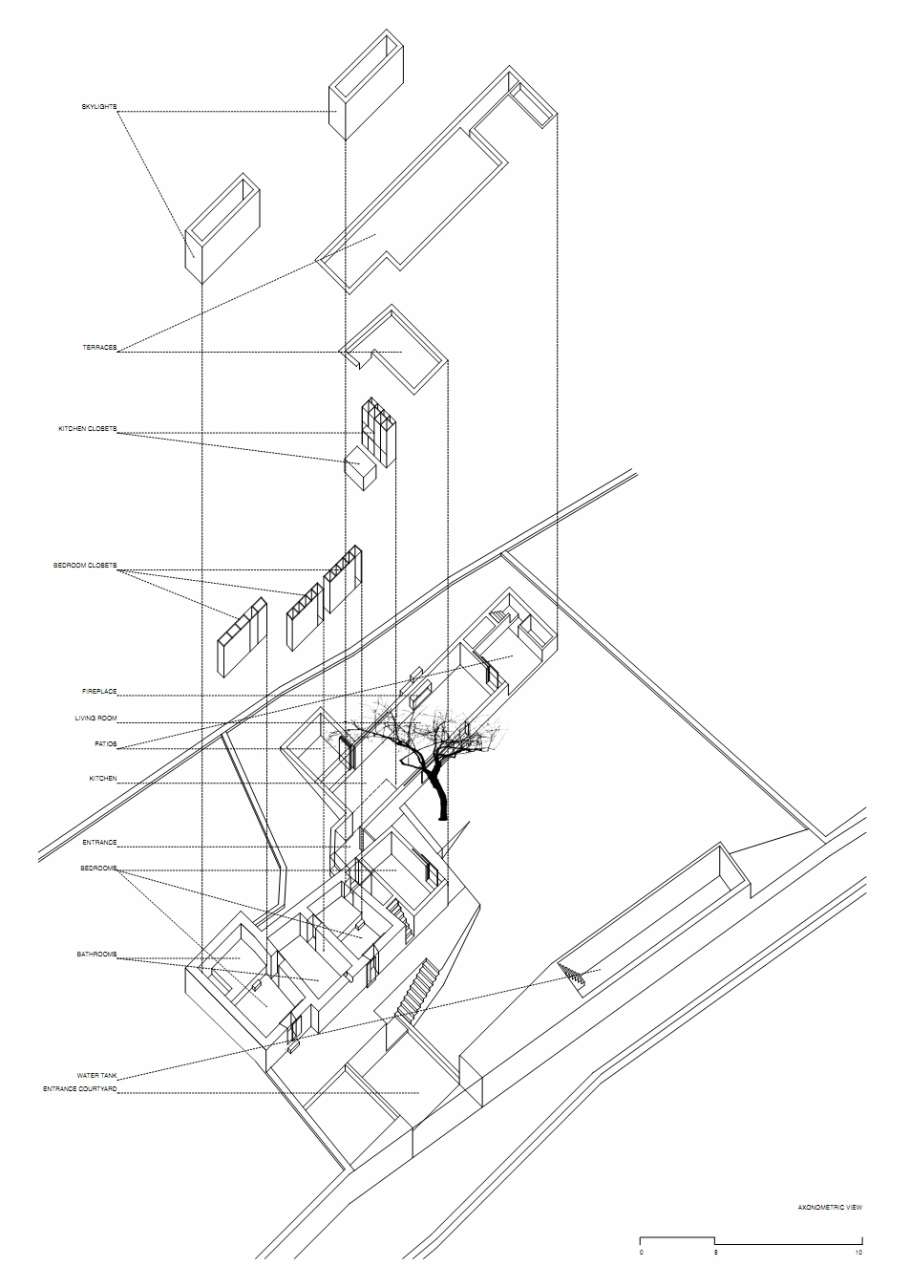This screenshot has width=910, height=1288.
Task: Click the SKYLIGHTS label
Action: point(99,107)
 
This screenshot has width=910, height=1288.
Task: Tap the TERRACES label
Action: point(99,348)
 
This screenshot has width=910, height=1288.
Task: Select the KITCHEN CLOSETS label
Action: point(87,429)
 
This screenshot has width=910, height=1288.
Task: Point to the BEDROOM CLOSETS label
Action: point(85,566)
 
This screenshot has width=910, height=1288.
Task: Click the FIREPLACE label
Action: point(99,692)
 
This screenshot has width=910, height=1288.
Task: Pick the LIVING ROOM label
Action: point(95,719)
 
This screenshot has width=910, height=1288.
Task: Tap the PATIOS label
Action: point(106,744)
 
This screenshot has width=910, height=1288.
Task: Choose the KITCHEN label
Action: point(103,779)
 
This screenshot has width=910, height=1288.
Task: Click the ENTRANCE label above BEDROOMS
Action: point(99,843)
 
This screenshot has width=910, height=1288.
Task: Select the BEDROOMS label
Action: point(98,869)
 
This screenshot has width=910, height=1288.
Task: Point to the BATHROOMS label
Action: point(97,955)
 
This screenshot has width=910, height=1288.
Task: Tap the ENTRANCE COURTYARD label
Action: point(80,1089)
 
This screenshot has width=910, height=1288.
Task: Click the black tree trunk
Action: point(439,796)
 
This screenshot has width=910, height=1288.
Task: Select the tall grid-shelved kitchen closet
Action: point(379,428)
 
